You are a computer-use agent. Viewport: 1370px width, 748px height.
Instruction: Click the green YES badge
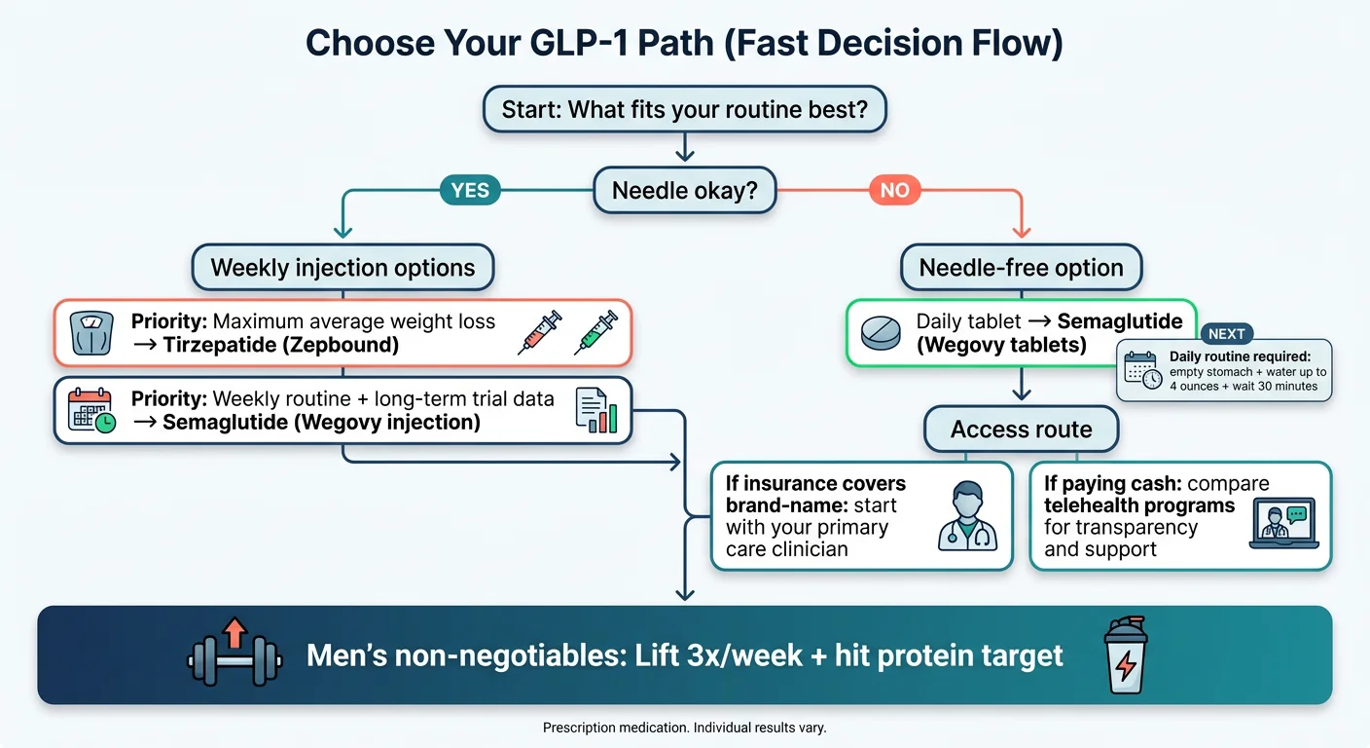470,190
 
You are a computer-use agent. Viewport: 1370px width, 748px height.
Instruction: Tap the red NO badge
894,190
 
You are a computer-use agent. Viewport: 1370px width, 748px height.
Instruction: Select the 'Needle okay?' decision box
685,191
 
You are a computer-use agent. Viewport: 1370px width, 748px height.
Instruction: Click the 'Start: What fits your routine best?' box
685,110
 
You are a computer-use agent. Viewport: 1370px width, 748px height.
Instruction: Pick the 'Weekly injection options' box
342,268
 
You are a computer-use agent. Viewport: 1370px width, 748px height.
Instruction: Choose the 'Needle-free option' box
1021,268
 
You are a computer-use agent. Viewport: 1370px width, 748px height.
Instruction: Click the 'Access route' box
1021,430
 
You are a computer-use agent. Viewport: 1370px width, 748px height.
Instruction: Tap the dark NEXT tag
1226,333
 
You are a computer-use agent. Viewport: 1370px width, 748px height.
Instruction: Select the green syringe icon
595,331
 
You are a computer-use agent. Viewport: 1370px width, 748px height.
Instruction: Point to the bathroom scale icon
92,333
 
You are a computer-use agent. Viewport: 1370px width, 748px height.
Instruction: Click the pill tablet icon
882,332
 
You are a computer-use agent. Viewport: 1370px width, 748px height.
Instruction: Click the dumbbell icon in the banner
234,655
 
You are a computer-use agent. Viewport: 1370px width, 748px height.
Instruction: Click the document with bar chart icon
595,411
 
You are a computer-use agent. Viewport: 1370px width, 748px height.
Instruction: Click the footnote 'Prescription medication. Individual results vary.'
684,728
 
